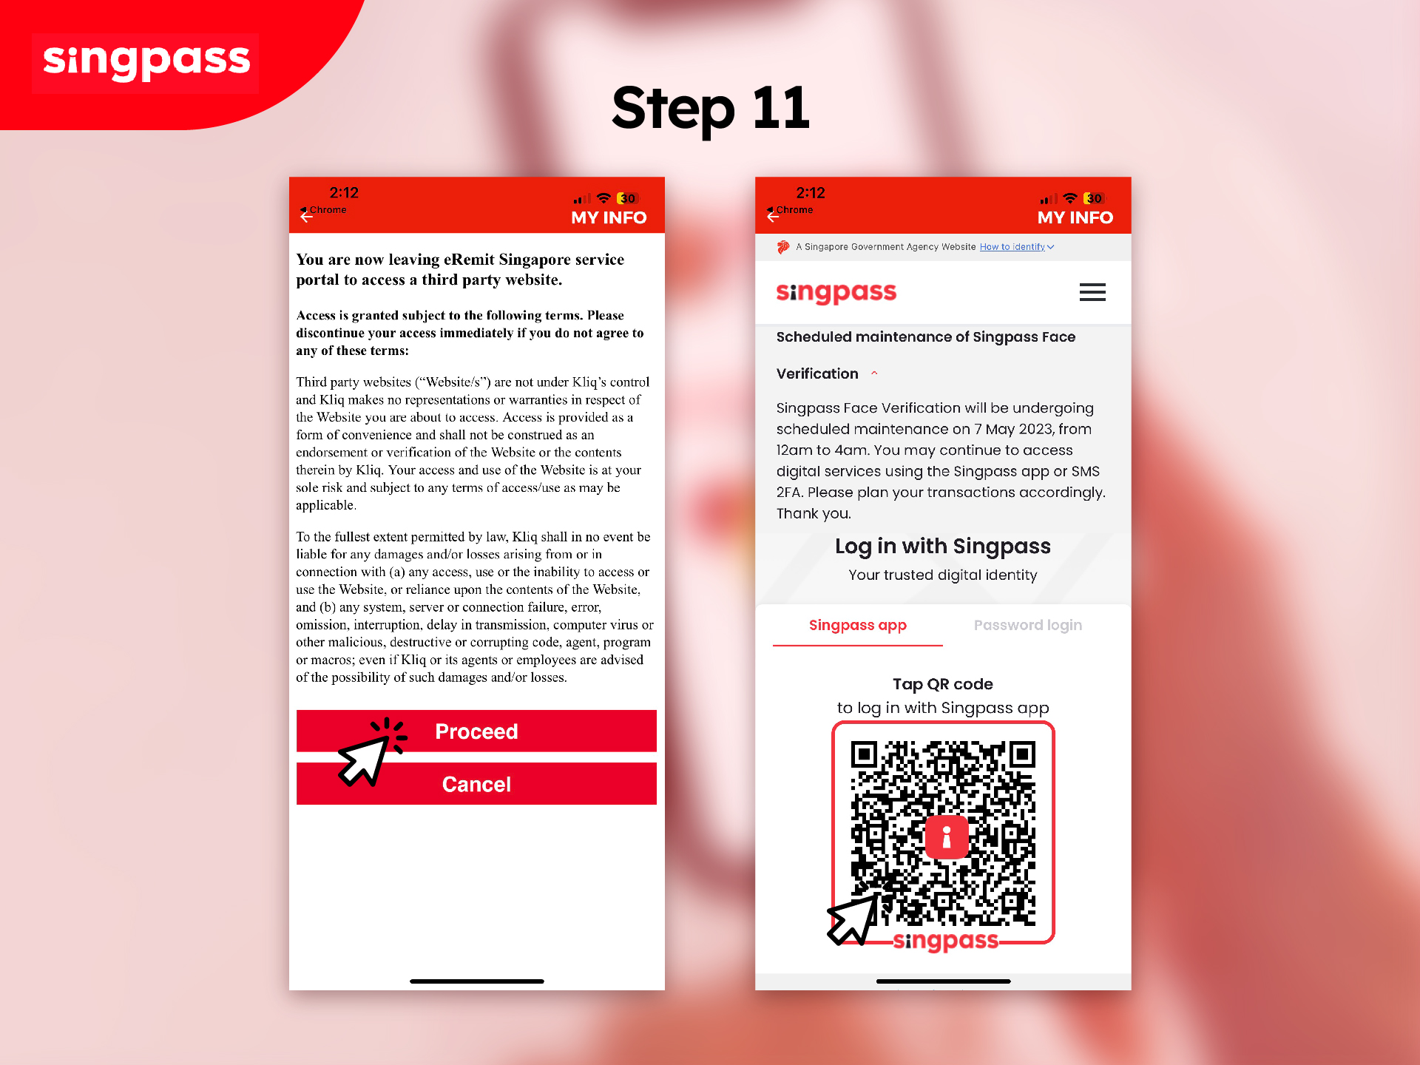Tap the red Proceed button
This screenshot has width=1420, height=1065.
pos(476,731)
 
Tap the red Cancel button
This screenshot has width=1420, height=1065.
pos(476,784)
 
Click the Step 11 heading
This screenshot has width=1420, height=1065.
pos(710,109)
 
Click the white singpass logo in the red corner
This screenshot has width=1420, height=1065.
pos(146,61)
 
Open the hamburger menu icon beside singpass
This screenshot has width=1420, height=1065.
pos(1092,292)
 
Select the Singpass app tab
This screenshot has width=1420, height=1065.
pos(857,626)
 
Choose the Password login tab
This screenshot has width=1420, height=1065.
pos(1027,626)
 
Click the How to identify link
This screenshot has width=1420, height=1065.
pos(1012,247)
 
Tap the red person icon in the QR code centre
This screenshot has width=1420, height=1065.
pos(946,837)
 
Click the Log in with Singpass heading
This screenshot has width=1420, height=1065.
pos(942,547)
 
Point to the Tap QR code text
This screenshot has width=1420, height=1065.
pos(942,684)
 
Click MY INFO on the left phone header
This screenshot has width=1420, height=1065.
pos(608,218)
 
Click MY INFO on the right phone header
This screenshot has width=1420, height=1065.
pos(1075,218)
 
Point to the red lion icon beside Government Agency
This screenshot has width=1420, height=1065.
pos(783,247)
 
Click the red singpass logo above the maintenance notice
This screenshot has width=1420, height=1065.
pos(836,293)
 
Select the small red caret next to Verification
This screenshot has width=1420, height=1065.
pos(874,373)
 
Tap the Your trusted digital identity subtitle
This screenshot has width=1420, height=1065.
pos(942,575)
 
